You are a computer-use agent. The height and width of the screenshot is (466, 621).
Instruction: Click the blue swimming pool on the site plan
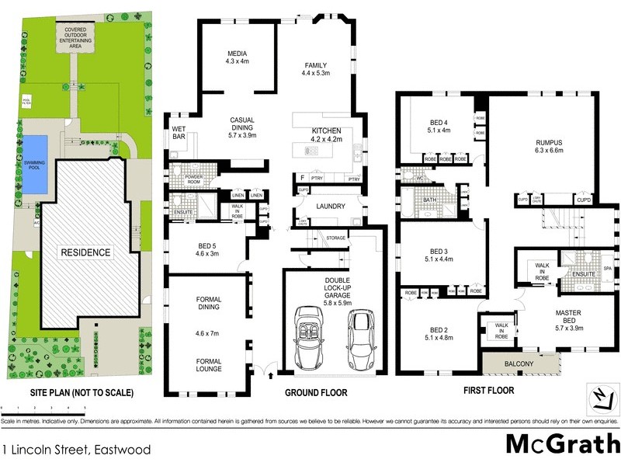34,165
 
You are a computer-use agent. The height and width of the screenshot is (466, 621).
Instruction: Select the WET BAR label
179,133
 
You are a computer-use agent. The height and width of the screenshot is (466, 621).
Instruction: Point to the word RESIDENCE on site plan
87,252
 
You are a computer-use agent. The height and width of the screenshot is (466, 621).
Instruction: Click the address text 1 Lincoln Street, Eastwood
75,449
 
